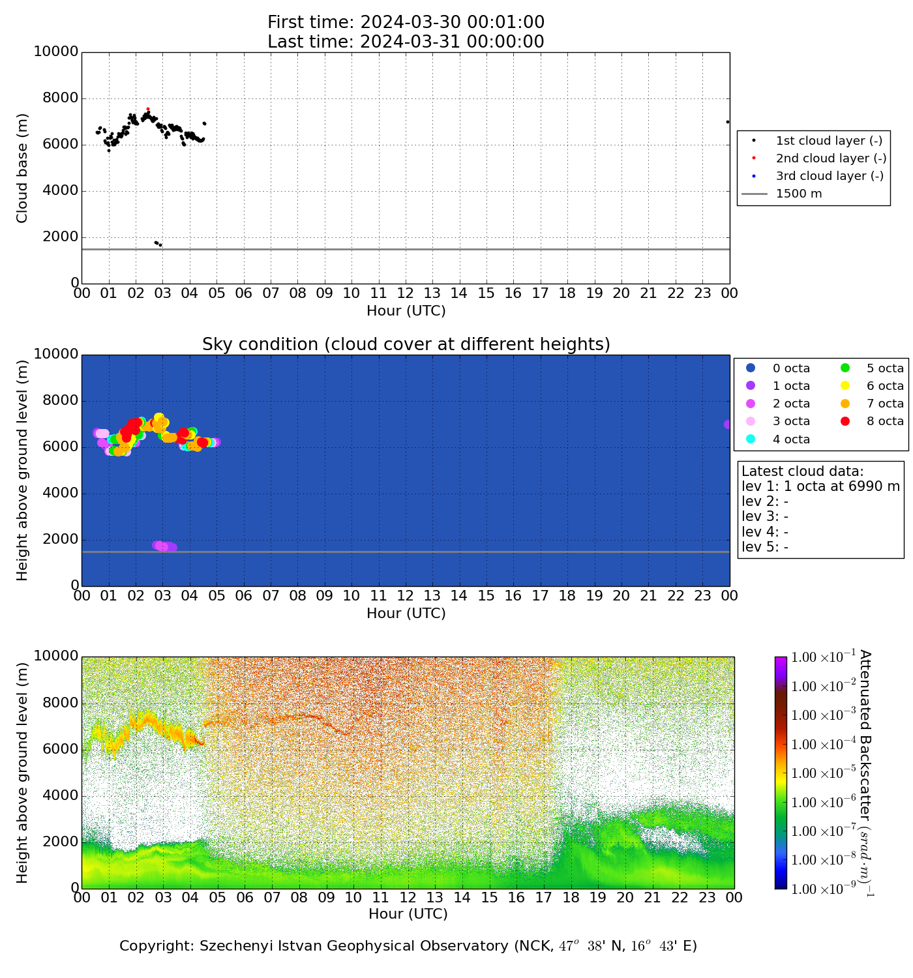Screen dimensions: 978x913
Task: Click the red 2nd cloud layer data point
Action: click(x=148, y=109)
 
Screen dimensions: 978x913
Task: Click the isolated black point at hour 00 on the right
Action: click(x=728, y=122)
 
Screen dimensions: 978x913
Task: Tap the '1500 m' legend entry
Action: click(x=799, y=194)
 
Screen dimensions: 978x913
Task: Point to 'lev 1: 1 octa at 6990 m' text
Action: click(x=820, y=486)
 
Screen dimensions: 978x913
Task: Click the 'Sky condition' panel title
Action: click(x=406, y=344)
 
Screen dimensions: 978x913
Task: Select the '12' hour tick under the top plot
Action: click(x=405, y=293)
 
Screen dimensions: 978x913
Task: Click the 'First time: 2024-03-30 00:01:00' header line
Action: click(x=406, y=23)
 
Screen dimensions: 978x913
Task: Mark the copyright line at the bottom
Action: click(x=408, y=946)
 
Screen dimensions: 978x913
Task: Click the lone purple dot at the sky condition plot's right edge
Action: click(x=728, y=424)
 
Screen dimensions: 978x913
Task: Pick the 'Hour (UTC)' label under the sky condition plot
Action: click(x=406, y=614)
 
